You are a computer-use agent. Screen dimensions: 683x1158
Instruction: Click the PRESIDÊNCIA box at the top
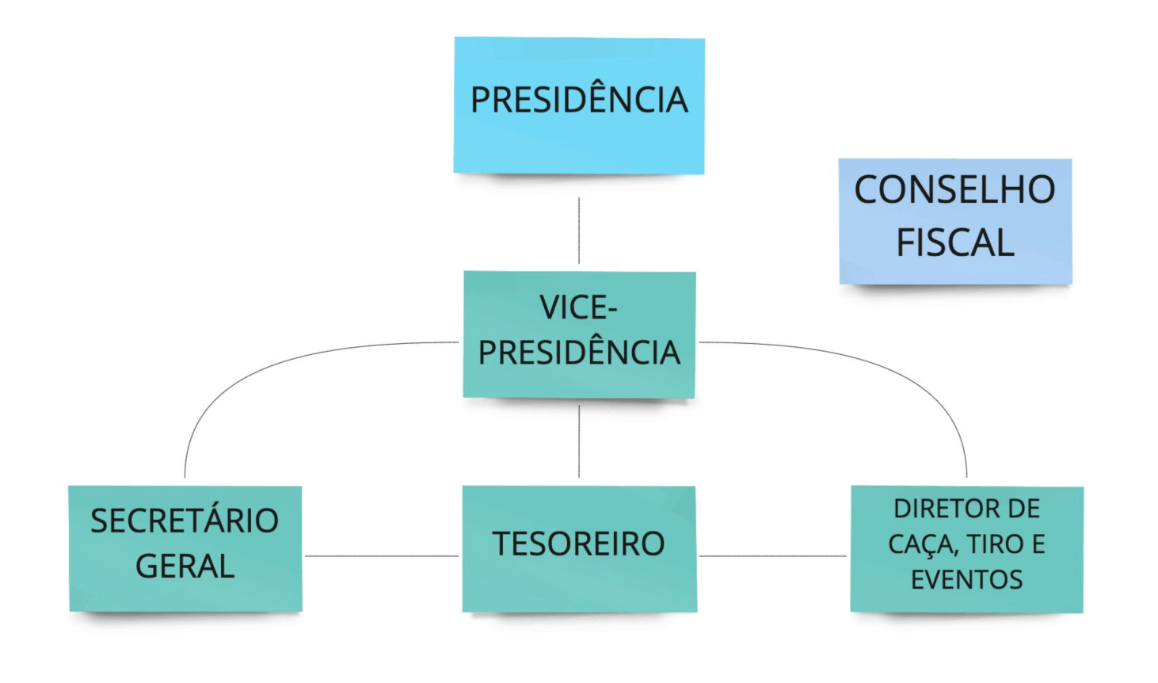click(x=579, y=105)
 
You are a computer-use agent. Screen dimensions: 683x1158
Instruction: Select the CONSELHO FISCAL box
click(x=955, y=221)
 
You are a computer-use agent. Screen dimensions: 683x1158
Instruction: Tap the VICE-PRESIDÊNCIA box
click(x=579, y=334)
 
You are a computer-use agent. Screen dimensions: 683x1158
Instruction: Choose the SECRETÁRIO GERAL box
click(x=185, y=548)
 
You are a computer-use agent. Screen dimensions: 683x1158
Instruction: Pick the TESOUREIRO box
click(x=579, y=548)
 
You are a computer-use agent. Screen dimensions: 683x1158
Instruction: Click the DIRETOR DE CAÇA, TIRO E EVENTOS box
click(x=966, y=548)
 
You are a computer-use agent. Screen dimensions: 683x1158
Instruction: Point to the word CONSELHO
click(x=954, y=190)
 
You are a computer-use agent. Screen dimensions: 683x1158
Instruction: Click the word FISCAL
click(x=955, y=242)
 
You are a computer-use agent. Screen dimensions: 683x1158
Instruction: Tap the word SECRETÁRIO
click(x=185, y=521)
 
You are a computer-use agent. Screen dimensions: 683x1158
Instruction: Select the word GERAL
click(x=185, y=567)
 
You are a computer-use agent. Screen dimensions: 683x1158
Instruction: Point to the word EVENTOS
click(x=966, y=580)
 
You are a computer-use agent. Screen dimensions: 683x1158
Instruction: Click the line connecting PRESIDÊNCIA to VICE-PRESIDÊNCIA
click(x=579, y=230)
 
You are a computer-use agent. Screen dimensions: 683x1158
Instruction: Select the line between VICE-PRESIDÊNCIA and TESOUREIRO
click(x=579, y=441)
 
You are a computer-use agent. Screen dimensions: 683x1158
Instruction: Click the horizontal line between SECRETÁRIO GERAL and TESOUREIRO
click(x=382, y=556)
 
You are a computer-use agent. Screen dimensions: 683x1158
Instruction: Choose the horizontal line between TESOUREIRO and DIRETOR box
click(x=773, y=556)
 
